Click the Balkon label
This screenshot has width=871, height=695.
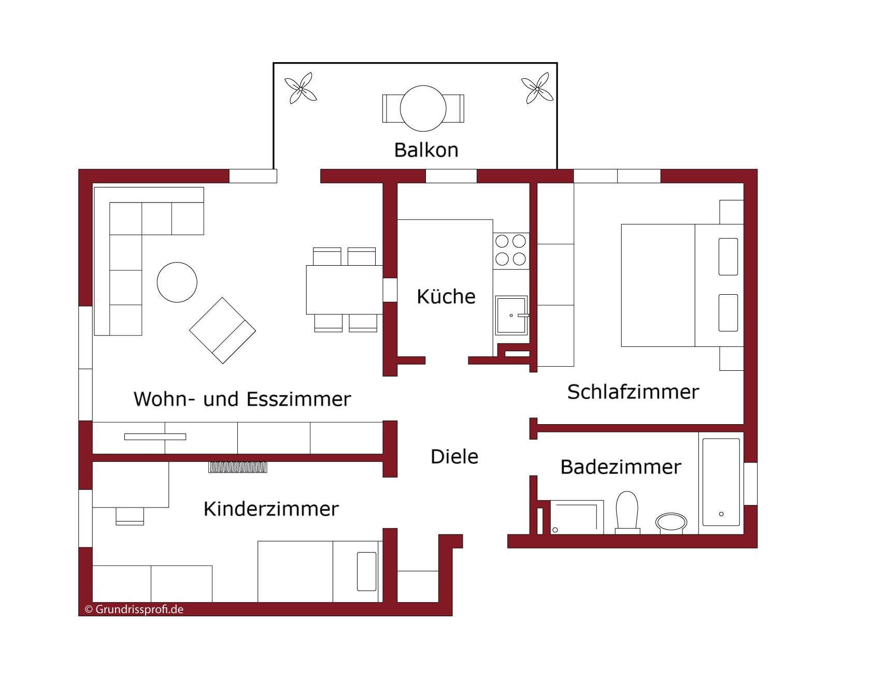426,150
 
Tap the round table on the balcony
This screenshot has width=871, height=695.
423,108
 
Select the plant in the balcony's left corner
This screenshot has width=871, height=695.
300,89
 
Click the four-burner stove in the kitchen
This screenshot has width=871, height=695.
511,250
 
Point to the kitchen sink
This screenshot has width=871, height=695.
511,315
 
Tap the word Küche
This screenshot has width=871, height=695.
446,296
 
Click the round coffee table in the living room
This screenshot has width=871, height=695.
177,282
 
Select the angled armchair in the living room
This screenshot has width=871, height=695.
222,330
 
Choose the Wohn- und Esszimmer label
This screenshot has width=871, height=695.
242,399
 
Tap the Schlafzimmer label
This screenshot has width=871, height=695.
633,392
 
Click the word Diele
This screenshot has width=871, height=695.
454,456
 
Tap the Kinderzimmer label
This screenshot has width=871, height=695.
271,509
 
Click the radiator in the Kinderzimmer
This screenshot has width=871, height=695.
238,467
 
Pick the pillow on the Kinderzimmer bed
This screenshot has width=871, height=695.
367,571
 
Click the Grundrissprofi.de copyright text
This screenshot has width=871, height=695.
134,609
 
